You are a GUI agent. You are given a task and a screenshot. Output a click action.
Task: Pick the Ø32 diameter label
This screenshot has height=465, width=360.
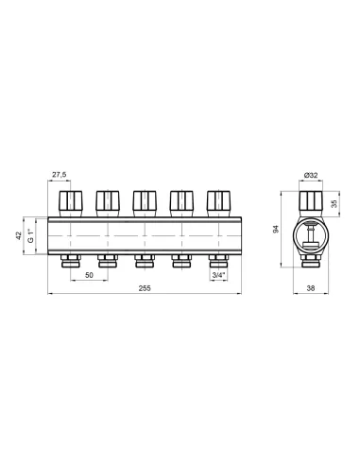point(310,176)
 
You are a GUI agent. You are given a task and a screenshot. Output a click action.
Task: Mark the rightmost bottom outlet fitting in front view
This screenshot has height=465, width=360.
point(217,261)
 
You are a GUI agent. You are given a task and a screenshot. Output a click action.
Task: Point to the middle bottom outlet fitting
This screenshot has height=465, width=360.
point(145,261)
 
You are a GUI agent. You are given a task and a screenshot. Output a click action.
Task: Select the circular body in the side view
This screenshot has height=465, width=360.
point(310,236)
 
